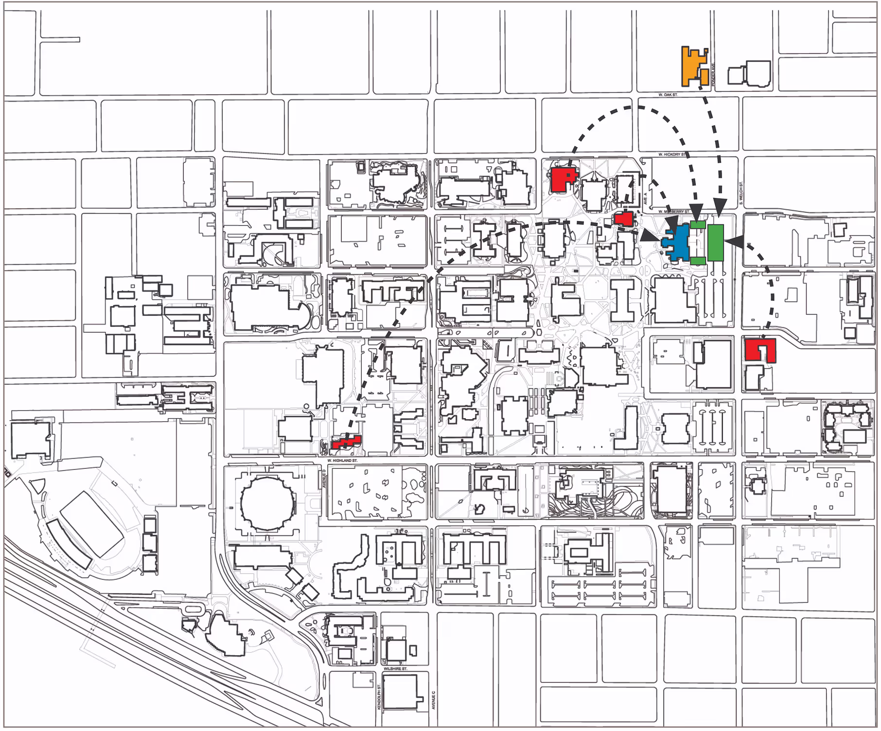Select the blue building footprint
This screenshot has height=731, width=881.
coord(679,243)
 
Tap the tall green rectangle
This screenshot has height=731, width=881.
coord(715,242)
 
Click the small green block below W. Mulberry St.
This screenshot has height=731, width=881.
coord(698,225)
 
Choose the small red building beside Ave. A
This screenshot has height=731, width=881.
coord(623,219)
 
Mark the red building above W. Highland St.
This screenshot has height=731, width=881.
coord(346,442)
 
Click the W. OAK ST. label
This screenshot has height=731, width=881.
coord(668,95)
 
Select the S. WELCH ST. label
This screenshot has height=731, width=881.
coord(741,193)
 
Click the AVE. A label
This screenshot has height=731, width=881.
coord(646,198)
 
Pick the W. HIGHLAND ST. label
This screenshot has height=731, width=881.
coord(342,460)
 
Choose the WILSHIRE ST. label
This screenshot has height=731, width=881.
coord(395,669)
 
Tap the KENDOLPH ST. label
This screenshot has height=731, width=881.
coord(379,697)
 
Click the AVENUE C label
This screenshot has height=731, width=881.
coord(434,700)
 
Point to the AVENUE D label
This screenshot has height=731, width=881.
coord(324,478)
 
